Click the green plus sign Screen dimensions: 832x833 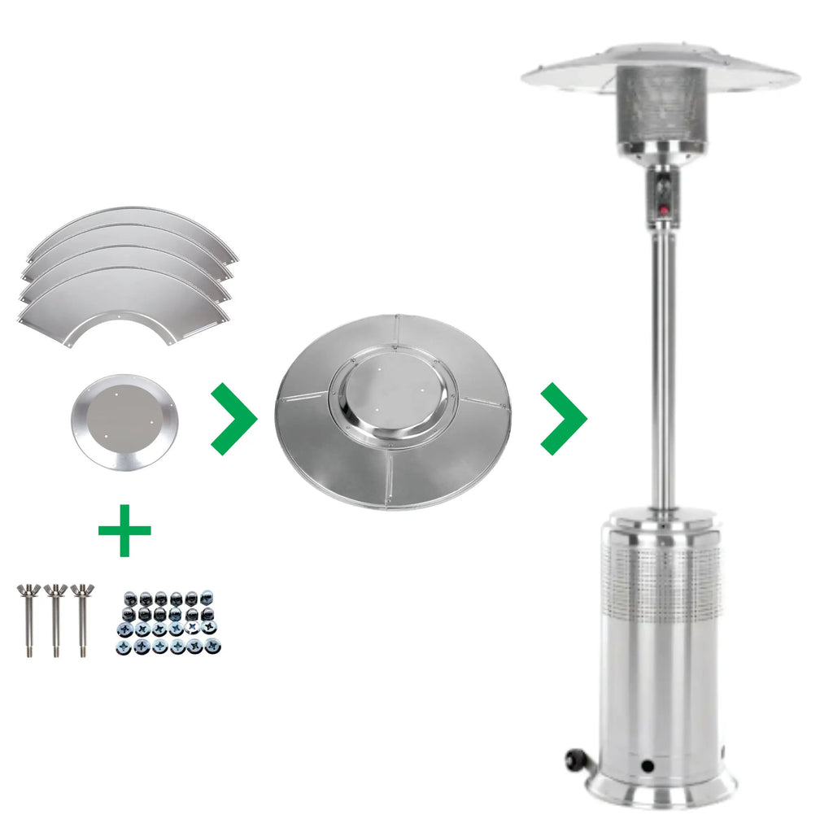[x=124, y=530]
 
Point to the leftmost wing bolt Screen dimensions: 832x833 [x=29, y=618]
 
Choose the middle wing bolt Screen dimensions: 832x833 [x=55, y=618]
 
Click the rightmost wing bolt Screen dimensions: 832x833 [x=81, y=618]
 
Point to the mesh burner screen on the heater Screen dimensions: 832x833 [x=661, y=106]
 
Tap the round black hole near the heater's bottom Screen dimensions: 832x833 [x=647, y=766]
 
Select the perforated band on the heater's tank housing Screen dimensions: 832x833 [x=661, y=577]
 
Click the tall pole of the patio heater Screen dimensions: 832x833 [x=662, y=366]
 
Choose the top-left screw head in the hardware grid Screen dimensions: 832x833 [x=126, y=629]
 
